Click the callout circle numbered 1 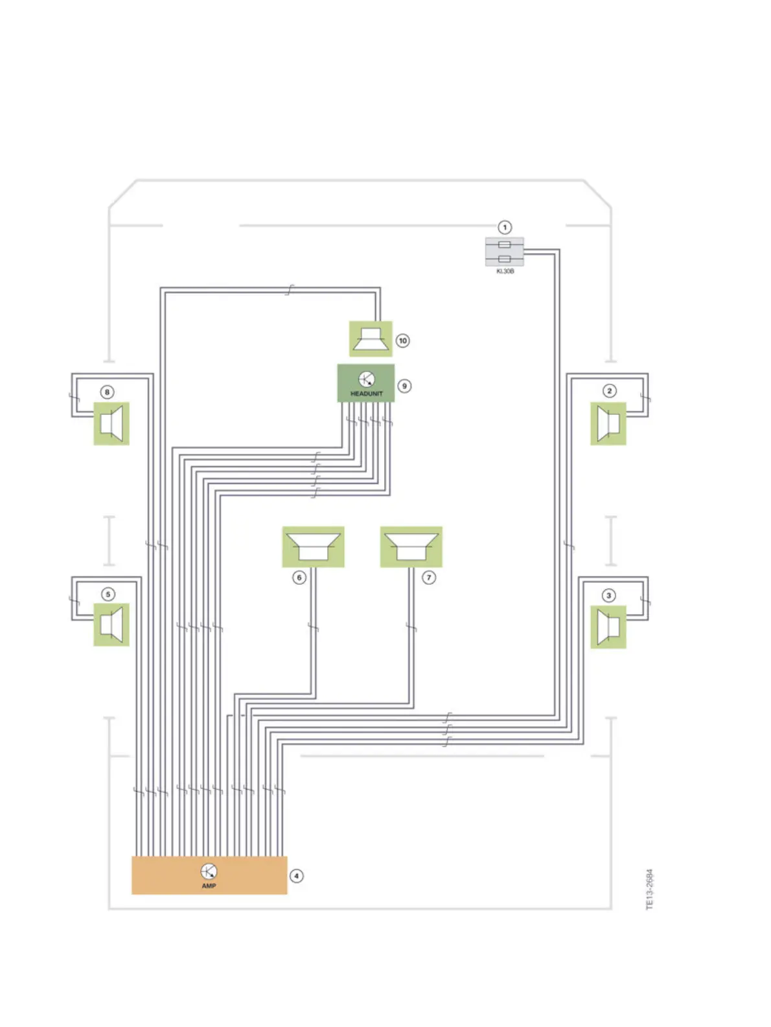pos(505,228)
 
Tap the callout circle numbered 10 pos(403,340)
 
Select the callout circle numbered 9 pos(404,386)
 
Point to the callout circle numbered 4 pos(297,876)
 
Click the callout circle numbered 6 pos(299,577)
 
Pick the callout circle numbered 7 pos(429,577)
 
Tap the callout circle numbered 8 pos(108,392)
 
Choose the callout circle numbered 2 pos(609,390)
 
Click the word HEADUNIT pos(366,394)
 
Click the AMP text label pos(209,886)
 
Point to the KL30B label pos(505,271)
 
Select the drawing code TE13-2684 pos(650,889)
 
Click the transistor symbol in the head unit pos(366,379)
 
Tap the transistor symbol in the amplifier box pos(209,871)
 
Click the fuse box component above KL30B pos(505,252)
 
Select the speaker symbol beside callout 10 pos(371,338)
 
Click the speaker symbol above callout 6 pos(313,547)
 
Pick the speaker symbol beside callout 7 pos(411,547)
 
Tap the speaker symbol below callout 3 pos(608,627)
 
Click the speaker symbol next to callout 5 pos(111,624)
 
